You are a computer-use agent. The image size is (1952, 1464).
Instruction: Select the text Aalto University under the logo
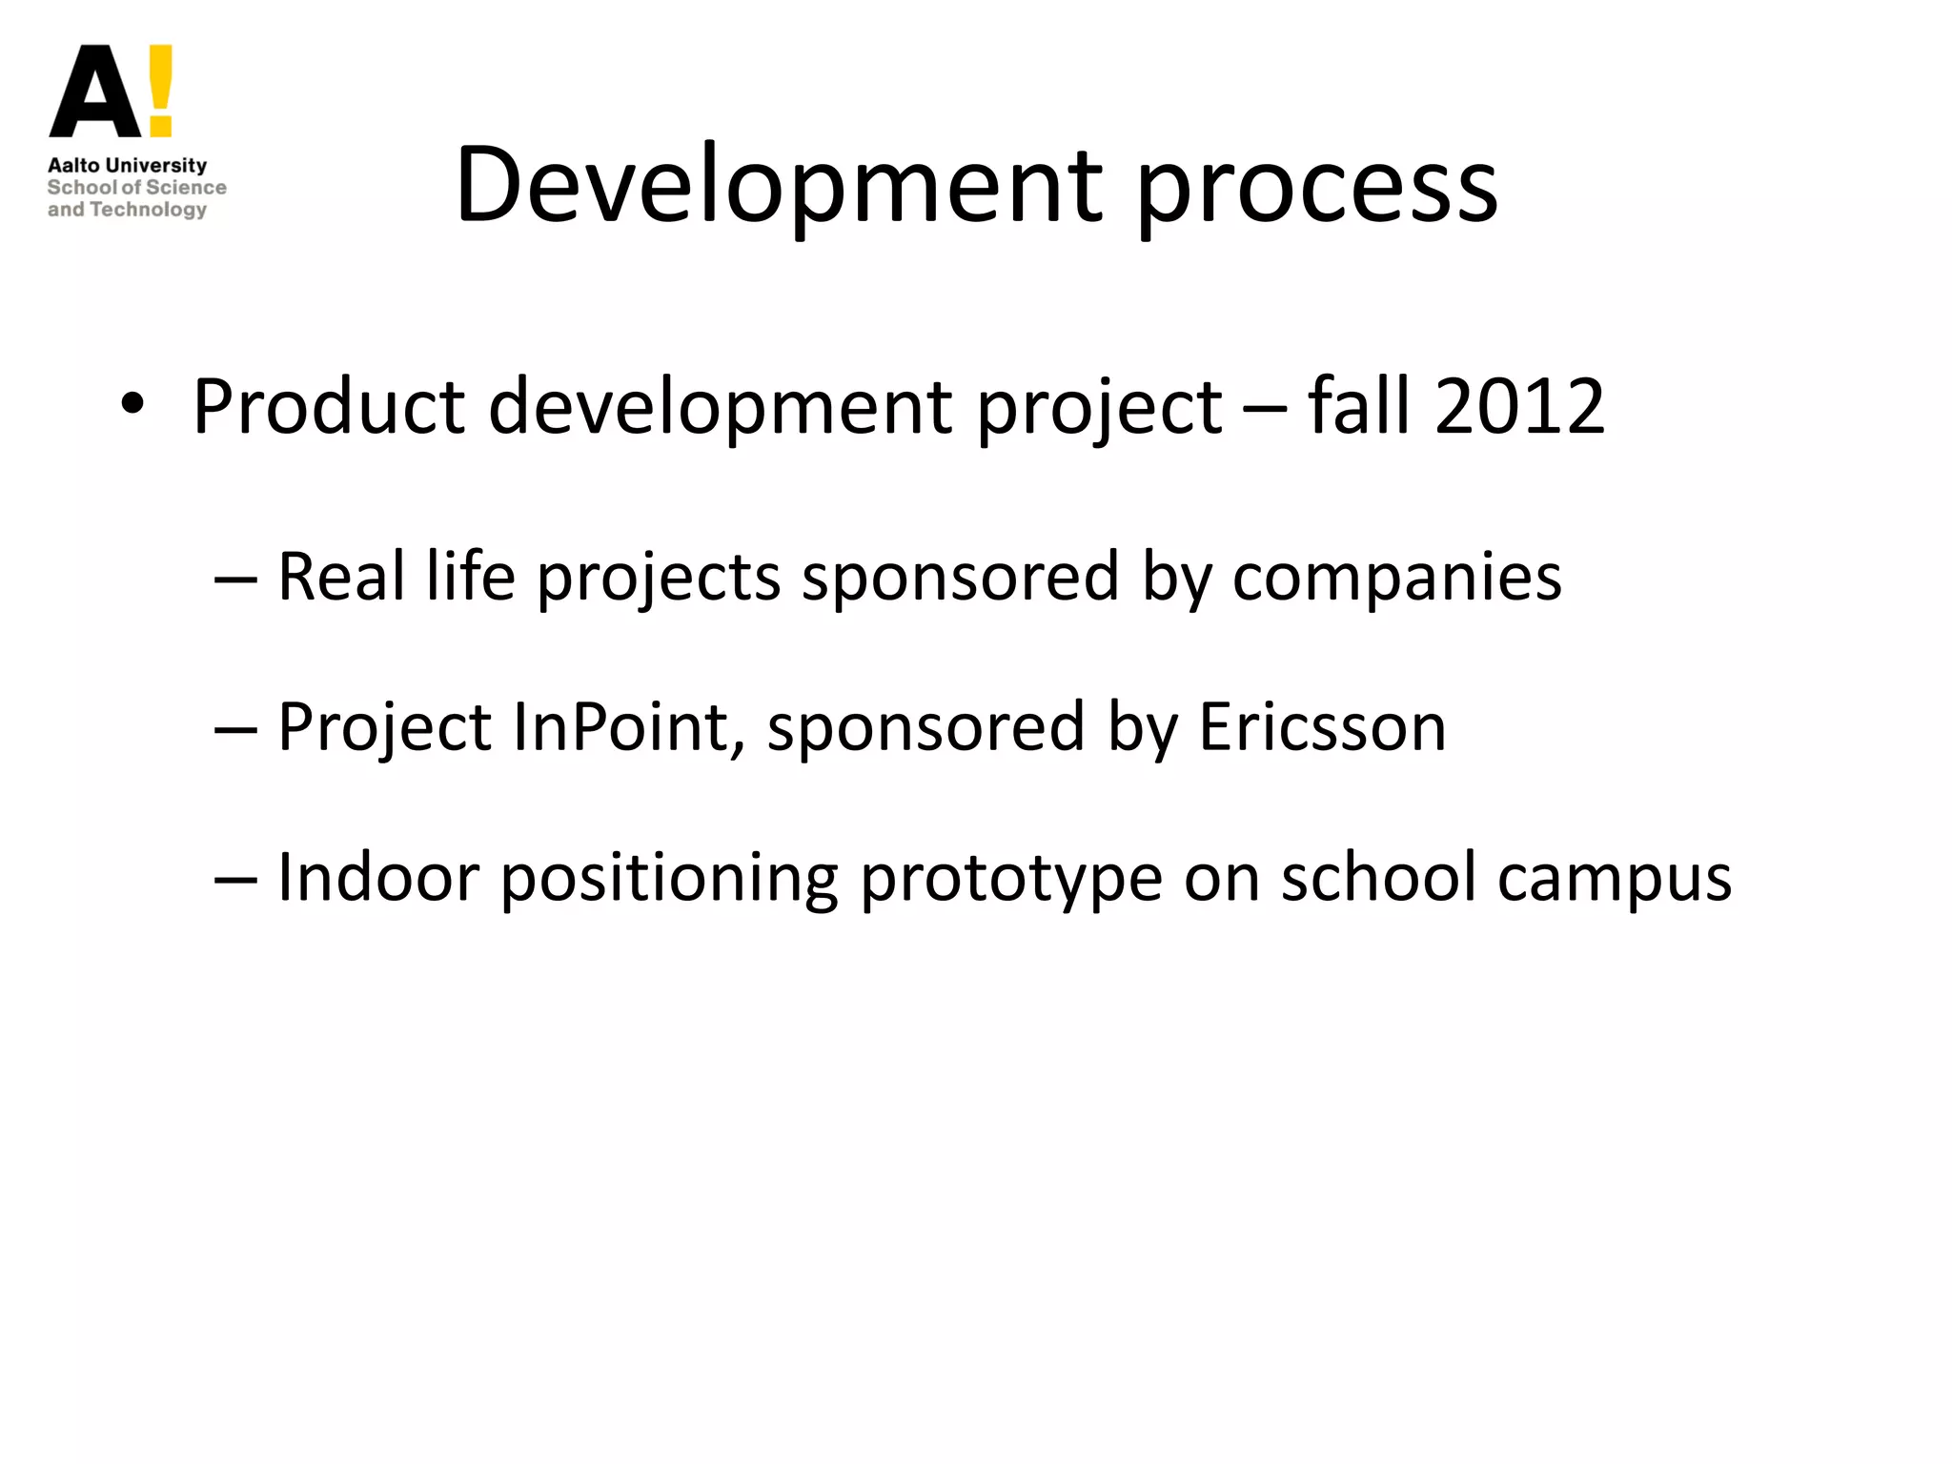[127, 165]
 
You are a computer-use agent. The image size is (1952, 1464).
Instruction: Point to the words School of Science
[136, 188]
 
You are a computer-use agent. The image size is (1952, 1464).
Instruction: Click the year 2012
[1519, 407]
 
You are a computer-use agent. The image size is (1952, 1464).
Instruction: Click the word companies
[1396, 579]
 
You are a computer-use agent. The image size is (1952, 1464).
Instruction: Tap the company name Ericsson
[1322, 727]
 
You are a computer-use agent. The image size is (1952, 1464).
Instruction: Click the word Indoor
[378, 877]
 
